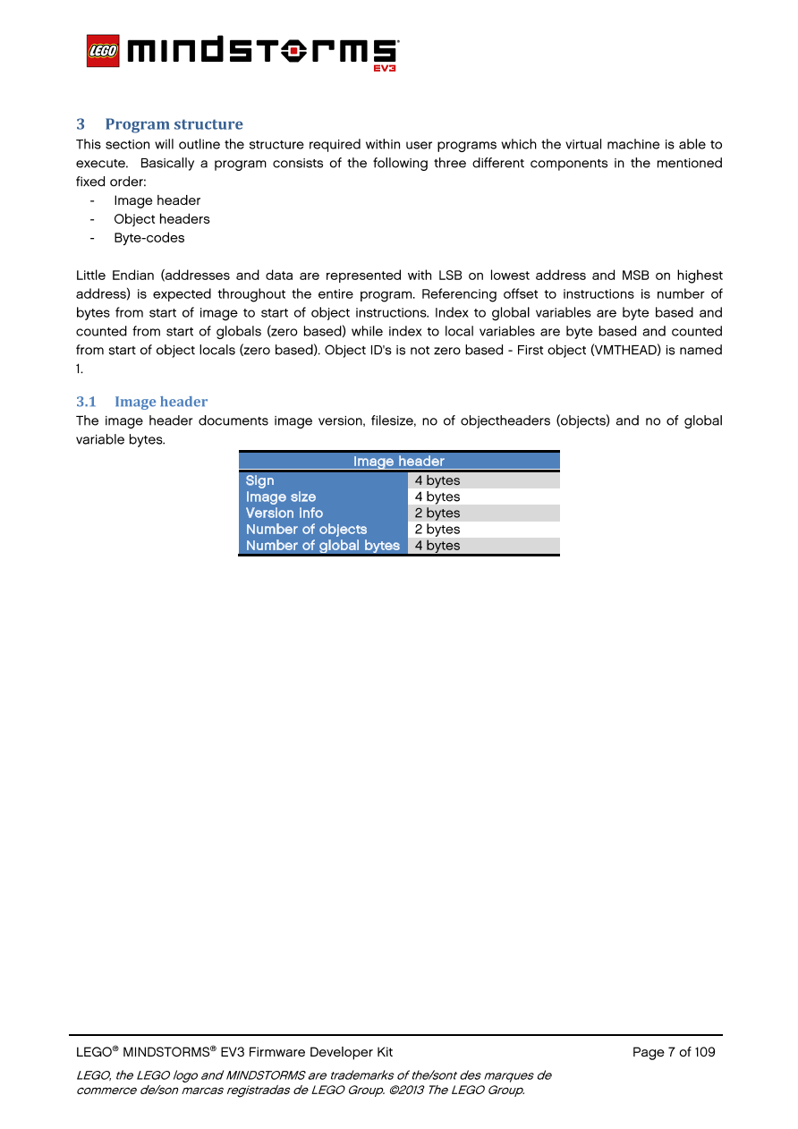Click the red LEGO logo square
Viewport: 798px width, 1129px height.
[104, 50]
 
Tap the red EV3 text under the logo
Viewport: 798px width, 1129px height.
[385, 67]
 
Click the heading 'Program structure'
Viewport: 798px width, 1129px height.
[174, 124]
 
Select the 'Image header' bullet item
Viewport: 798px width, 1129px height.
[157, 200]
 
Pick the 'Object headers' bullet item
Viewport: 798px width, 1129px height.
[161, 219]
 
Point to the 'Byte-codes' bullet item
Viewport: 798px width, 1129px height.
[149, 238]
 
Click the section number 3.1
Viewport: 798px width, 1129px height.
[86, 402]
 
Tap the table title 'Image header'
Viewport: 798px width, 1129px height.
[398, 462]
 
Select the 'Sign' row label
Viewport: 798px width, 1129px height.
[260, 480]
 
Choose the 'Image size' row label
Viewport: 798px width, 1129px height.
[280, 497]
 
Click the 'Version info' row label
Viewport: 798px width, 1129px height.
[284, 513]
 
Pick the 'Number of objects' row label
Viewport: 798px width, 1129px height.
[306, 530]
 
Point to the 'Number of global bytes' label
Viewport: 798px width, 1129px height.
[322, 546]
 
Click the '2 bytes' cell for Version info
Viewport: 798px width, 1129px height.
[437, 513]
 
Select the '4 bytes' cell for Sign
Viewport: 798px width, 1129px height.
[437, 480]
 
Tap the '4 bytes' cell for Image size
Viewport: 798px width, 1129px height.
[437, 497]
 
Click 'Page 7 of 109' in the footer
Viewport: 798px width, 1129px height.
[674, 1052]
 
